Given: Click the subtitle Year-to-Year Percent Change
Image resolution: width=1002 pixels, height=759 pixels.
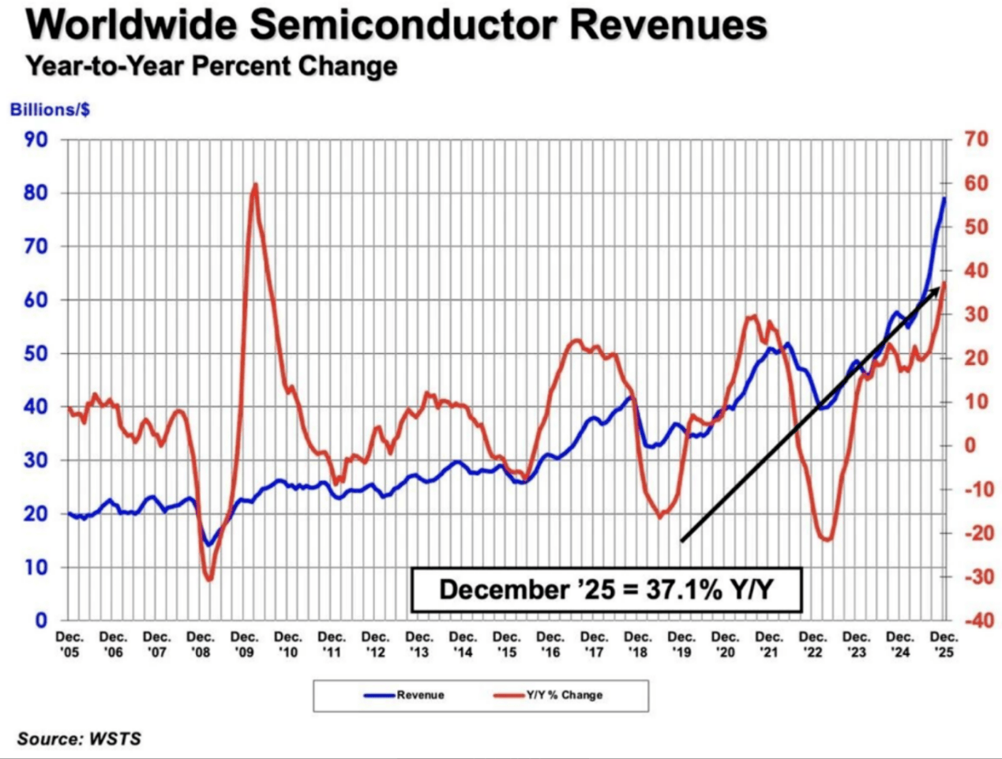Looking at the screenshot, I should pos(211,66).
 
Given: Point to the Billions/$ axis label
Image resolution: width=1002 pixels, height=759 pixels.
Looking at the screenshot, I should pos(50,109).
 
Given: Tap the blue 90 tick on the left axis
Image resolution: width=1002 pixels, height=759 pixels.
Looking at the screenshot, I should pos(37,140).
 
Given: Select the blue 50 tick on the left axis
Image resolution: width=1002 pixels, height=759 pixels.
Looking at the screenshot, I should pos(37,354).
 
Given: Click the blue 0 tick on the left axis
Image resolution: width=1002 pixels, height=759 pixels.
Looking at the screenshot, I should pos(41,621).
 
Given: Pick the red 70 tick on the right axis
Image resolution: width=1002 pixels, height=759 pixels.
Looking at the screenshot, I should pos(976,140).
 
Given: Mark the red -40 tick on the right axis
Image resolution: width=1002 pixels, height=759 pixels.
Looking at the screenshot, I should pos(973,621).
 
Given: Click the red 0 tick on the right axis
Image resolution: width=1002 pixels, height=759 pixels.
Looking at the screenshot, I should pos(969,445).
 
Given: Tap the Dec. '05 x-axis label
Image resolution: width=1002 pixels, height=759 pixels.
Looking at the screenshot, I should pos(69,644).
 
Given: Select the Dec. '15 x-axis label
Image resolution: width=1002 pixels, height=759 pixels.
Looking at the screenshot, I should pos(507,644).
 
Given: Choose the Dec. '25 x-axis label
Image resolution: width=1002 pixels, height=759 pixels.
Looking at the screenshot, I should pos(944,644).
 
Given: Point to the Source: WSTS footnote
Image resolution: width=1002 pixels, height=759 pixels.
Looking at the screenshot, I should pos(79,739).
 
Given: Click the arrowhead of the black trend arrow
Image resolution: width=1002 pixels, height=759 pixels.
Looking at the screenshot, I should pos(937,289).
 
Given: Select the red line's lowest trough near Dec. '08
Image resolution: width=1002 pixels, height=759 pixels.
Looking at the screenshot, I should pos(210,580).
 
